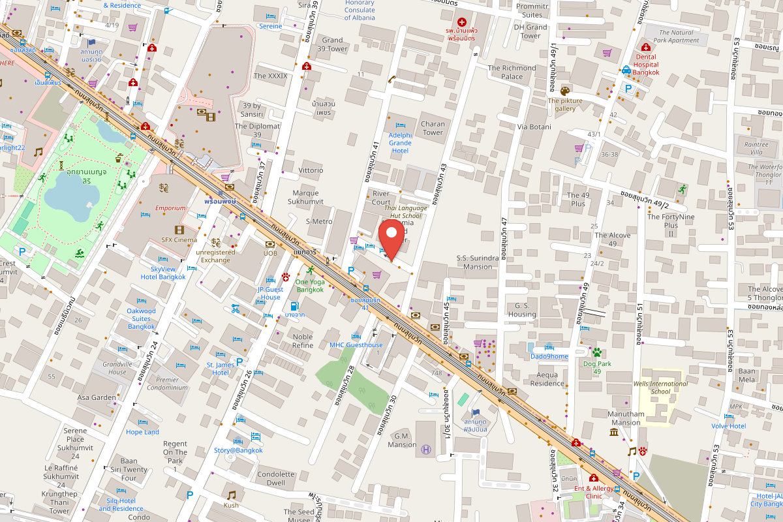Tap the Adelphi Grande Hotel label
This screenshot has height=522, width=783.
[400, 142]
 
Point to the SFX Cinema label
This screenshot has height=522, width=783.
[179, 239]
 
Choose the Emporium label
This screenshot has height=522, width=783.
[170, 208]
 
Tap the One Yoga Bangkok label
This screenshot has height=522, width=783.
[310, 285]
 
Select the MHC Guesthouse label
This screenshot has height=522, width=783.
[356, 345]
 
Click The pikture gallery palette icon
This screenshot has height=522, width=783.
[565, 91]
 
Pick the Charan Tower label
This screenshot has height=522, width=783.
[433, 128]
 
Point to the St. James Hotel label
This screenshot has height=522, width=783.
[221, 369]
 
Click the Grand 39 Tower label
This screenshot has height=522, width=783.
[332, 44]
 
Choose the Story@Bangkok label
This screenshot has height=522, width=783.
[238, 450]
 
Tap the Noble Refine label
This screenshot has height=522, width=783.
[303, 341]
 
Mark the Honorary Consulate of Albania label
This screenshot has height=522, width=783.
[360, 10]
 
